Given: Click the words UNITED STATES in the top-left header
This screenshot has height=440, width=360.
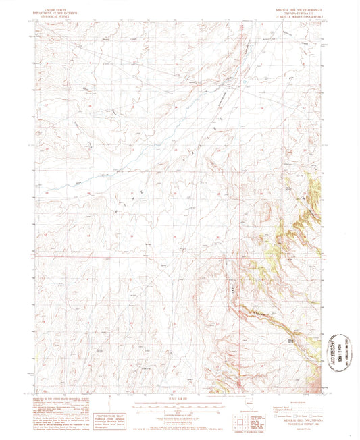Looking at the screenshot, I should [x=58, y=6].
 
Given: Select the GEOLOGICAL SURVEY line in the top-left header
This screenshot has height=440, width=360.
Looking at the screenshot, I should [x=58, y=13].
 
